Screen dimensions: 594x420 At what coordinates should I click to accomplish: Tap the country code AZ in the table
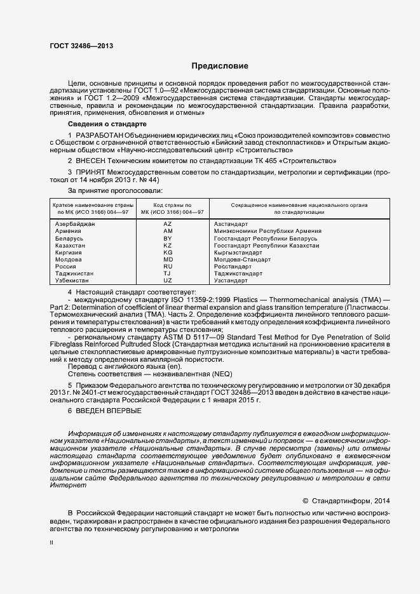click(x=168, y=225)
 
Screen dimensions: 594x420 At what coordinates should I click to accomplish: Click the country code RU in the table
click(x=168, y=267)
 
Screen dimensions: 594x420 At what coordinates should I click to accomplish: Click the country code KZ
click(x=168, y=246)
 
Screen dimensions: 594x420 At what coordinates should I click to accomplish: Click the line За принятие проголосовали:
click(x=106, y=190)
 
